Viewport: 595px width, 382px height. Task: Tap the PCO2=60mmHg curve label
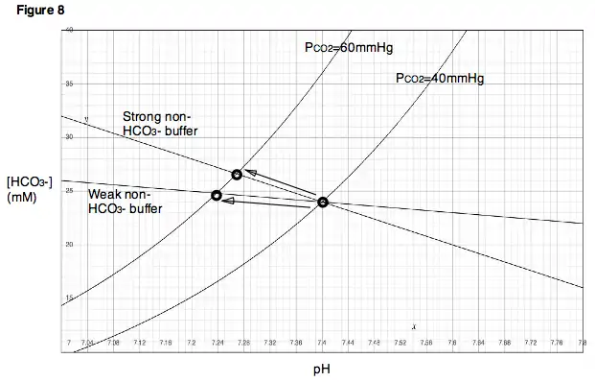pos(343,47)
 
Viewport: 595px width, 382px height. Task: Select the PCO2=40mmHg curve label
pos(440,79)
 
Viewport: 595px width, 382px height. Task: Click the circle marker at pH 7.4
pos(323,202)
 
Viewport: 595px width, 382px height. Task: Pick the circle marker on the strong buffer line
pos(237,174)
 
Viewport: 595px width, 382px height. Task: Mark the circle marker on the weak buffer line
pos(217,196)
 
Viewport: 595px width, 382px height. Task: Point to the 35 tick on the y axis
pos(69,84)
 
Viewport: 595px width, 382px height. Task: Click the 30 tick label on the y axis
pos(69,137)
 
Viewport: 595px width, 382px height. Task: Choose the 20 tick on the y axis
pos(69,244)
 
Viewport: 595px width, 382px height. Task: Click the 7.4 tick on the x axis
pos(322,342)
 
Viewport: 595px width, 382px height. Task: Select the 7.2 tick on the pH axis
pos(192,342)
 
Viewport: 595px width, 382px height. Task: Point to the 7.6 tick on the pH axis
pos(452,342)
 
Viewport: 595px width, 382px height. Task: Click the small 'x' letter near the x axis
pos(413,327)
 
